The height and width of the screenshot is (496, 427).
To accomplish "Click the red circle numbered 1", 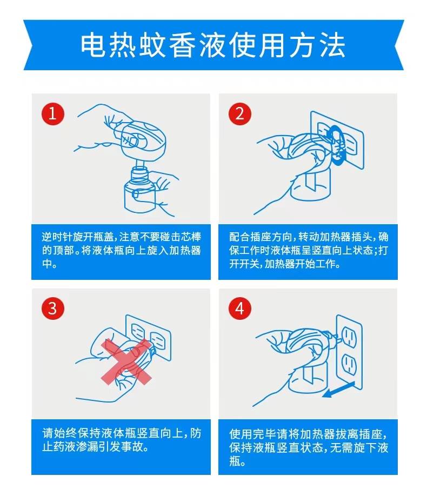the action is click(53, 113).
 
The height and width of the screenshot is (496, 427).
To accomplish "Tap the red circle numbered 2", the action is click(240, 113).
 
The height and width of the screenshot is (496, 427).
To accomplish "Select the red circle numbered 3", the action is click(53, 308).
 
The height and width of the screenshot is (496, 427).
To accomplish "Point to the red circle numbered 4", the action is click(240, 308).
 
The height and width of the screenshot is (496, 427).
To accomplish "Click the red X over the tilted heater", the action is click(126, 362).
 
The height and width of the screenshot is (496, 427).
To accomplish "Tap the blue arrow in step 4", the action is click(338, 390).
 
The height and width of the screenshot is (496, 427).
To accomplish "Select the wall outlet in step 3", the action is click(148, 337).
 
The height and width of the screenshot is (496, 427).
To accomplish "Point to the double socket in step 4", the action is click(349, 352).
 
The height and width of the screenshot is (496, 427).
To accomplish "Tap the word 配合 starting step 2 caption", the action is click(239, 237).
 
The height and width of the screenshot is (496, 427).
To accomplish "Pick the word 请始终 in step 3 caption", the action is click(58, 433).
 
